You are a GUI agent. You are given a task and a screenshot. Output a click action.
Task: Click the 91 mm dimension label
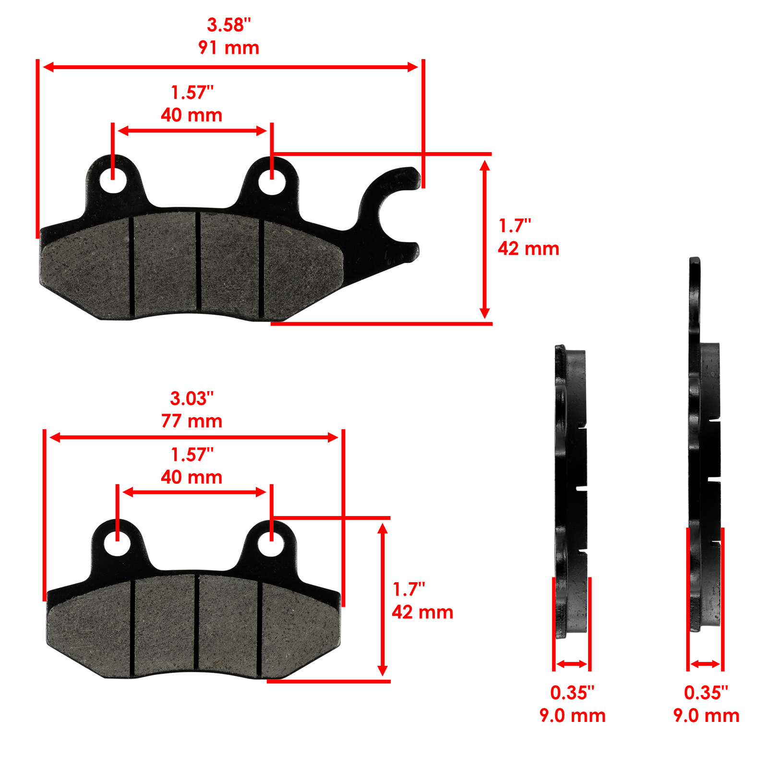click(228, 48)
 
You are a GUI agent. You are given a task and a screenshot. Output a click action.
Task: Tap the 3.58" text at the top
click(228, 25)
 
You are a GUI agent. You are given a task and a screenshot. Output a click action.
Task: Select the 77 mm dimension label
click(192, 421)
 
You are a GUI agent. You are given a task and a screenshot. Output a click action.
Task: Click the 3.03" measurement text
click(192, 398)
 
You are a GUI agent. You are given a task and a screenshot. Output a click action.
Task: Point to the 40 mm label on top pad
click(192, 115)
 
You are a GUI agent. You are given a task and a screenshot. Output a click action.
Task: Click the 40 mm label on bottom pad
click(192, 477)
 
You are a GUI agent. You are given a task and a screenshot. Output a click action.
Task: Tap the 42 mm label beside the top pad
click(528, 249)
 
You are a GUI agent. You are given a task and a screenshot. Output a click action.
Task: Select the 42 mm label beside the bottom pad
click(422, 612)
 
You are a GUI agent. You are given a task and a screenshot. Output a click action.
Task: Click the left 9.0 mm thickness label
click(572, 715)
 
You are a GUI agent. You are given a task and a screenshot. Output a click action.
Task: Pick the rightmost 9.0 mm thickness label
click(706, 715)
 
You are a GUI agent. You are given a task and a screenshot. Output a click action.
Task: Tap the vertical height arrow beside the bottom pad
click(383, 600)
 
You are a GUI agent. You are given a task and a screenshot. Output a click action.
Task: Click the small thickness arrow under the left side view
click(571, 664)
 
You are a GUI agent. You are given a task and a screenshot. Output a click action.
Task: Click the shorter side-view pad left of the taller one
click(571, 490)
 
